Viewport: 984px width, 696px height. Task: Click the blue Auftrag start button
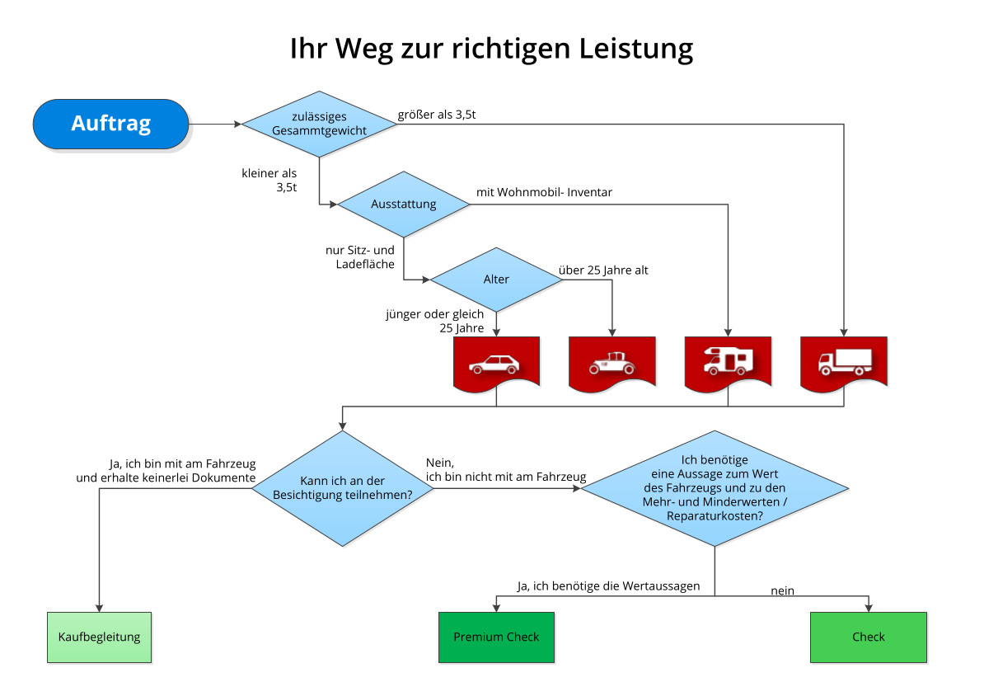click(111, 124)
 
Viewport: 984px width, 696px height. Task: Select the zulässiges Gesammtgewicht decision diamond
click(319, 124)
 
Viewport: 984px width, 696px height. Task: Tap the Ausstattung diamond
click(403, 204)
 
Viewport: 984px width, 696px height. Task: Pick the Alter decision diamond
click(496, 279)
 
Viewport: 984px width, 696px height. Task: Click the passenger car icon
click(496, 363)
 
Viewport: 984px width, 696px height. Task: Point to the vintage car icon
click(611, 363)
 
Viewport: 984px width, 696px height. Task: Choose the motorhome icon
click(728, 361)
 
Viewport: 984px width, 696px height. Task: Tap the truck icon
click(844, 361)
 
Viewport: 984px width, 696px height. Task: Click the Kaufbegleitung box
click(99, 637)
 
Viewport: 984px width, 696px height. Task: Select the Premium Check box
click(496, 637)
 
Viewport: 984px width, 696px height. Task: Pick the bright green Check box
click(869, 637)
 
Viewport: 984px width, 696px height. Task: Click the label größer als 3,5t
click(436, 115)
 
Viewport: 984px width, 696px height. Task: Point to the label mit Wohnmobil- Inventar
click(544, 192)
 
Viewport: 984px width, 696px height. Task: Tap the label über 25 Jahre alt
click(603, 270)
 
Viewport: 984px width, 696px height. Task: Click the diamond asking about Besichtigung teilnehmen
click(342, 487)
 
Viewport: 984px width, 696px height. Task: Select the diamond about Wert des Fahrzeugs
click(715, 487)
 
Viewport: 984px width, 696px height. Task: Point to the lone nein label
click(782, 590)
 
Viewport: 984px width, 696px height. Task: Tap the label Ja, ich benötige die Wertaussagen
click(608, 586)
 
